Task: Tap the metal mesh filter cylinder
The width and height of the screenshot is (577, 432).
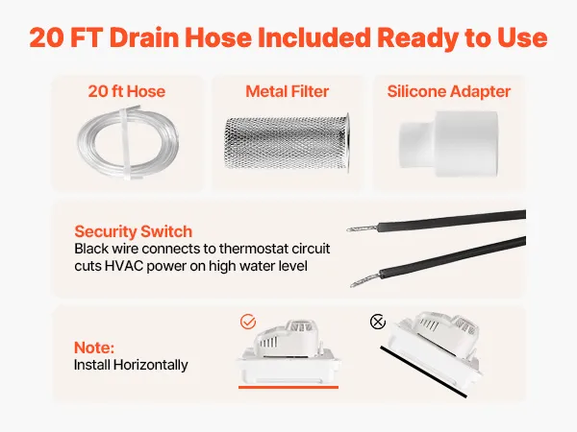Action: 287,143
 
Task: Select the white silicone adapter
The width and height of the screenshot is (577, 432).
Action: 448,144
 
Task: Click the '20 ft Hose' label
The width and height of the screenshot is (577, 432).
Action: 127,91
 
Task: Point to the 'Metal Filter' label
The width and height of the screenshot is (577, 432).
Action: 287,91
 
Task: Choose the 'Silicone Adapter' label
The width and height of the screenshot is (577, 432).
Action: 448,91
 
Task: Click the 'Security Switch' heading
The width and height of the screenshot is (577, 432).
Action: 134,231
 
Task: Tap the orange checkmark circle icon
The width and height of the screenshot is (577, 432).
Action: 248,322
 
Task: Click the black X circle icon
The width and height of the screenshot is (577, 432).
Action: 378,323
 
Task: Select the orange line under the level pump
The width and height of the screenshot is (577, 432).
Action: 288,387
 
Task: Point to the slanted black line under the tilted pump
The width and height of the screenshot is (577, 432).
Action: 423,372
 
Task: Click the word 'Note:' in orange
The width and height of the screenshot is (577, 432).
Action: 94,348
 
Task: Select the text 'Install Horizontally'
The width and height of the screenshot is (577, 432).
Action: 131,365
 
